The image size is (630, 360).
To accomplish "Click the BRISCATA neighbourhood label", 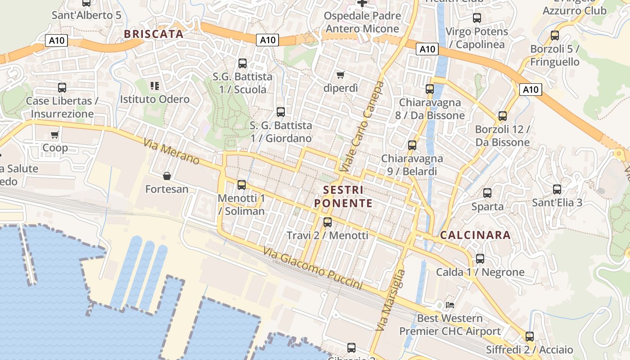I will [x=153, y=34].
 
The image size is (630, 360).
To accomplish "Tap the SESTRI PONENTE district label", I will [x=343, y=197].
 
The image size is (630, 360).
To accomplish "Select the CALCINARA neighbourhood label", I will [x=475, y=235].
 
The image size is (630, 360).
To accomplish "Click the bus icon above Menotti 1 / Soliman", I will [x=242, y=184].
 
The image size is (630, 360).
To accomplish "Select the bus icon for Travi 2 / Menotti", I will [x=328, y=222].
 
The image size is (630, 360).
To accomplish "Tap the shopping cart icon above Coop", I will [x=55, y=135].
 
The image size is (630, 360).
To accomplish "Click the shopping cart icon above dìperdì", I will [x=341, y=75].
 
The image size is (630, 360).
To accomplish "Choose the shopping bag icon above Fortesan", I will [x=167, y=175].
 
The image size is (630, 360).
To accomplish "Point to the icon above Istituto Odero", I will [x=155, y=85].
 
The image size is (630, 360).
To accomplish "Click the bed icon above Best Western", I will [x=450, y=305].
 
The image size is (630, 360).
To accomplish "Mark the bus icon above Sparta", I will [x=487, y=193].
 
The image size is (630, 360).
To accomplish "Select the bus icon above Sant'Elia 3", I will [x=557, y=189].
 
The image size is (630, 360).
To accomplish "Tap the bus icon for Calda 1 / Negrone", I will [x=480, y=259].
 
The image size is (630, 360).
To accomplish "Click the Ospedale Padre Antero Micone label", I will [x=362, y=22].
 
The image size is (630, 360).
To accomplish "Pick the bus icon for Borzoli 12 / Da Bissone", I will [x=503, y=116].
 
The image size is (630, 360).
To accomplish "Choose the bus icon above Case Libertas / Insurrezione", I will [x=62, y=87].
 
